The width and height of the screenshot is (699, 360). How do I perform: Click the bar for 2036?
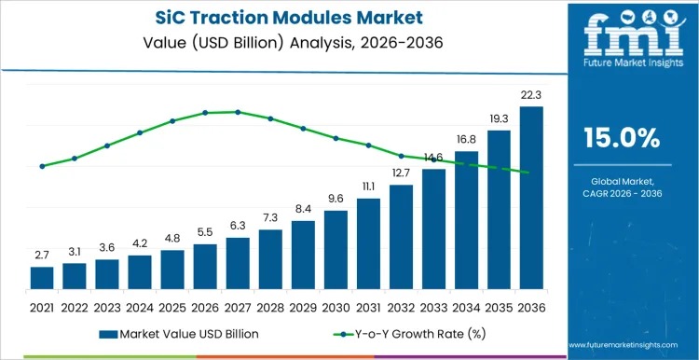530,199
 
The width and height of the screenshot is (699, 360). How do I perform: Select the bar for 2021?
42,279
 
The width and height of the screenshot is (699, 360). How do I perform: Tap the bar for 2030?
336,251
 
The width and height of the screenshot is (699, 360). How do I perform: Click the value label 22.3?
530,96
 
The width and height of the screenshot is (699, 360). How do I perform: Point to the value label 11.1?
368,187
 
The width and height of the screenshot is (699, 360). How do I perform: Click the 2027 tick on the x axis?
238,306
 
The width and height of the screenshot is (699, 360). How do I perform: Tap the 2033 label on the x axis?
433,306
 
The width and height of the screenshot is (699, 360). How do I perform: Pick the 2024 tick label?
140,306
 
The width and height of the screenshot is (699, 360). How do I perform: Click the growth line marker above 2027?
238,112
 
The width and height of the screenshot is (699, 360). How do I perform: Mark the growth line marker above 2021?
42,166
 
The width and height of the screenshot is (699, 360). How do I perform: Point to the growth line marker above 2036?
530,173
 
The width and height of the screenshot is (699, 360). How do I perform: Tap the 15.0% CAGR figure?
621,138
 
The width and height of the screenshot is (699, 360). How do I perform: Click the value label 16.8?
466,140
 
